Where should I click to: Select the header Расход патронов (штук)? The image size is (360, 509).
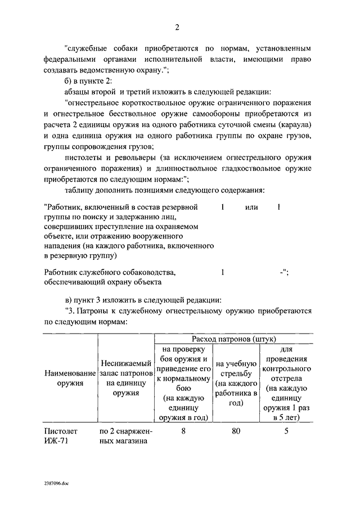tap(233, 339)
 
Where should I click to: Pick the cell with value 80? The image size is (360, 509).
tap(235, 431)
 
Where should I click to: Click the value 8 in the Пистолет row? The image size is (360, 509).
tap(184, 431)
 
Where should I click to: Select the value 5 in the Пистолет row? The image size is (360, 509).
tap(286, 431)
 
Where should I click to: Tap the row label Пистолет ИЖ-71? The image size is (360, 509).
tap(61, 436)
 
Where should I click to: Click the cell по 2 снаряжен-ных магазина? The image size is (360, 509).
tap(126, 436)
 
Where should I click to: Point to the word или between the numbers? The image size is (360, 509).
tap(251, 208)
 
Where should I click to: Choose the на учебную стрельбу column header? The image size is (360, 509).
tap(236, 383)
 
